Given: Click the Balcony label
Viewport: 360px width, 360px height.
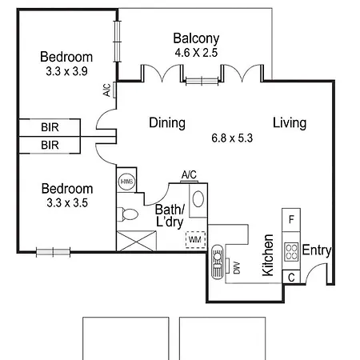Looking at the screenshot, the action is (x=196, y=39).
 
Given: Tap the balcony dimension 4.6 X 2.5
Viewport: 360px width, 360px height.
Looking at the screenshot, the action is (x=196, y=53).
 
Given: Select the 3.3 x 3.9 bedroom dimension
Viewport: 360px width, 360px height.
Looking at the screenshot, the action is (x=66, y=71).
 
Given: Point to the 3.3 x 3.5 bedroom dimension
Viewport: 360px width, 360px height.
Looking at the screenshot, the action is (x=67, y=203).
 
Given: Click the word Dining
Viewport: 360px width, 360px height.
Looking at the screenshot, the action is (x=167, y=123).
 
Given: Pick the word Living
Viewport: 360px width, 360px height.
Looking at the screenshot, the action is (x=290, y=123).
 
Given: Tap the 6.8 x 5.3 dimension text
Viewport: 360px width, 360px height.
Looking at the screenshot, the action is (x=232, y=138).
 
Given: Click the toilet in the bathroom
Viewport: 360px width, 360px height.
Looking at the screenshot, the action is (x=128, y=214).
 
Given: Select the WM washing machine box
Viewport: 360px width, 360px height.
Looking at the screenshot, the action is (x=195, y=239).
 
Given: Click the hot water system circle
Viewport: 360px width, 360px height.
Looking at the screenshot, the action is (x=126, y=182).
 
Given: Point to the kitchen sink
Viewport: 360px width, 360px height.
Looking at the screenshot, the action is (x=218, y=262).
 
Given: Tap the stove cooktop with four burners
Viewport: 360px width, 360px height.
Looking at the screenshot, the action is (x=291, y=251).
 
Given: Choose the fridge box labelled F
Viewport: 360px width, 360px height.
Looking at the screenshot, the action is (x=291, y=220).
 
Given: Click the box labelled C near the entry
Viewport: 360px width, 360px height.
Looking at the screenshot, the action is (x=291, y=278).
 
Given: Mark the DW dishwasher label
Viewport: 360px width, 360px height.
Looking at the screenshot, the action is (x=237, y=268).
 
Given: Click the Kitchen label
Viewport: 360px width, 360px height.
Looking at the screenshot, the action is (x=268, y=255).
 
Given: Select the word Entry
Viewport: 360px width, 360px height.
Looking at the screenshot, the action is (x=317, y=250).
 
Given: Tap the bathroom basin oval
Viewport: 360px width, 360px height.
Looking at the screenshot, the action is (x=198, y=198).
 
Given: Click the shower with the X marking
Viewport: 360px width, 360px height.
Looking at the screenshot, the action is (x=136, y=241).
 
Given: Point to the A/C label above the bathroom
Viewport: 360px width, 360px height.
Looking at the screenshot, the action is (x=189, y=175).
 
